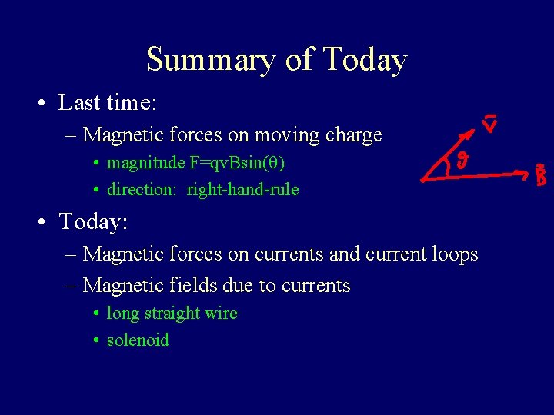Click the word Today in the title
point(365,60)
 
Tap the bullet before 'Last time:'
point(45,102)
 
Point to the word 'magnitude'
point(145,163)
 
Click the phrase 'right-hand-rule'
point(242,189)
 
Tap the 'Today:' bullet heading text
point(93,222)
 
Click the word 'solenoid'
point(138,340)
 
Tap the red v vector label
point(489,123)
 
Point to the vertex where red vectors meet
point(422,180)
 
